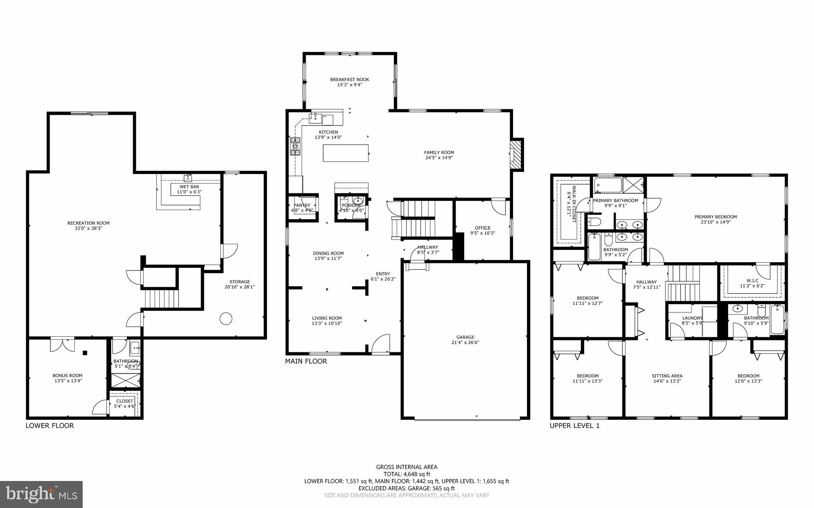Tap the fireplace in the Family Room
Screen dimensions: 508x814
[516, 155]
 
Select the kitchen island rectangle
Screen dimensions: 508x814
[346, 153]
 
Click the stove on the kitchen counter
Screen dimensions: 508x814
[295, 146]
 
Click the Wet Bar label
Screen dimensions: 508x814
[189, 187]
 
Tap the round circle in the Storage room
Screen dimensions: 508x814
[226, 318]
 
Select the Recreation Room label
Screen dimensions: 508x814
[88, 223]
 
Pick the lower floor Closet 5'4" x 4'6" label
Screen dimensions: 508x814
[125, 401]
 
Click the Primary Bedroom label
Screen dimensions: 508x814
[715, 217]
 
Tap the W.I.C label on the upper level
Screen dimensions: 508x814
[752, 280]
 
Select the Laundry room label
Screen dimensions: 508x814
[692, 318]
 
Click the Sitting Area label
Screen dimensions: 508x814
[667, 376]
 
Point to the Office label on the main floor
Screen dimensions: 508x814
[483, 228]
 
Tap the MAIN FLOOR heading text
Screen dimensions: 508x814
[306, 361]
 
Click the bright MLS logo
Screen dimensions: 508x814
[41, 494]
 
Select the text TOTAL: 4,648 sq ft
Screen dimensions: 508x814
[407, 474]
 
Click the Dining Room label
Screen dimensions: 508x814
[328, 253]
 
